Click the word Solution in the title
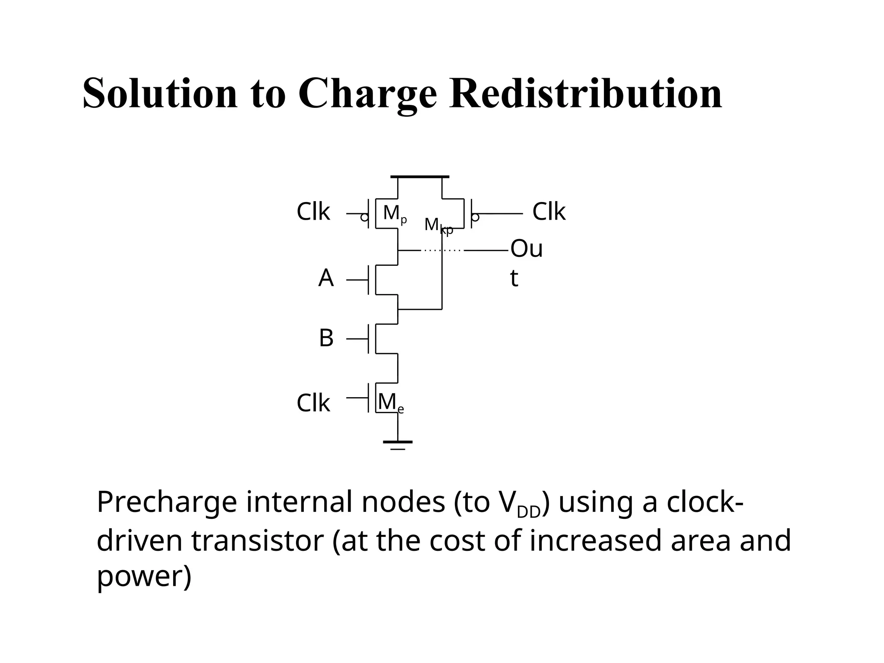(x=160, y=94)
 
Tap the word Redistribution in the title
(x=585, y=94)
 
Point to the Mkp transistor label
(x=438, y=226)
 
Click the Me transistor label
(x=390, y=403)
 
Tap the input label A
(x=326, y=278)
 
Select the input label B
(x=326, y=338)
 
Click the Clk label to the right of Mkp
(x=548, y=212)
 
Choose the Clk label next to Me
(x=313, y=404)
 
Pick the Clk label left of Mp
(x=313, y=212)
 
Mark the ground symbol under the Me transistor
(x=398, y=444)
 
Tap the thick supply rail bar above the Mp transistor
(x=420, y=177)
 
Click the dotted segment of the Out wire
(x=442, y=250)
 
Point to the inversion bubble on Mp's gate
(x=364, y=218)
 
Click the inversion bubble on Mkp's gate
(x=475, y=218)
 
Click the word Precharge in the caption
(x=167, y=503)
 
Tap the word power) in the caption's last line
(x=144, y=577)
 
